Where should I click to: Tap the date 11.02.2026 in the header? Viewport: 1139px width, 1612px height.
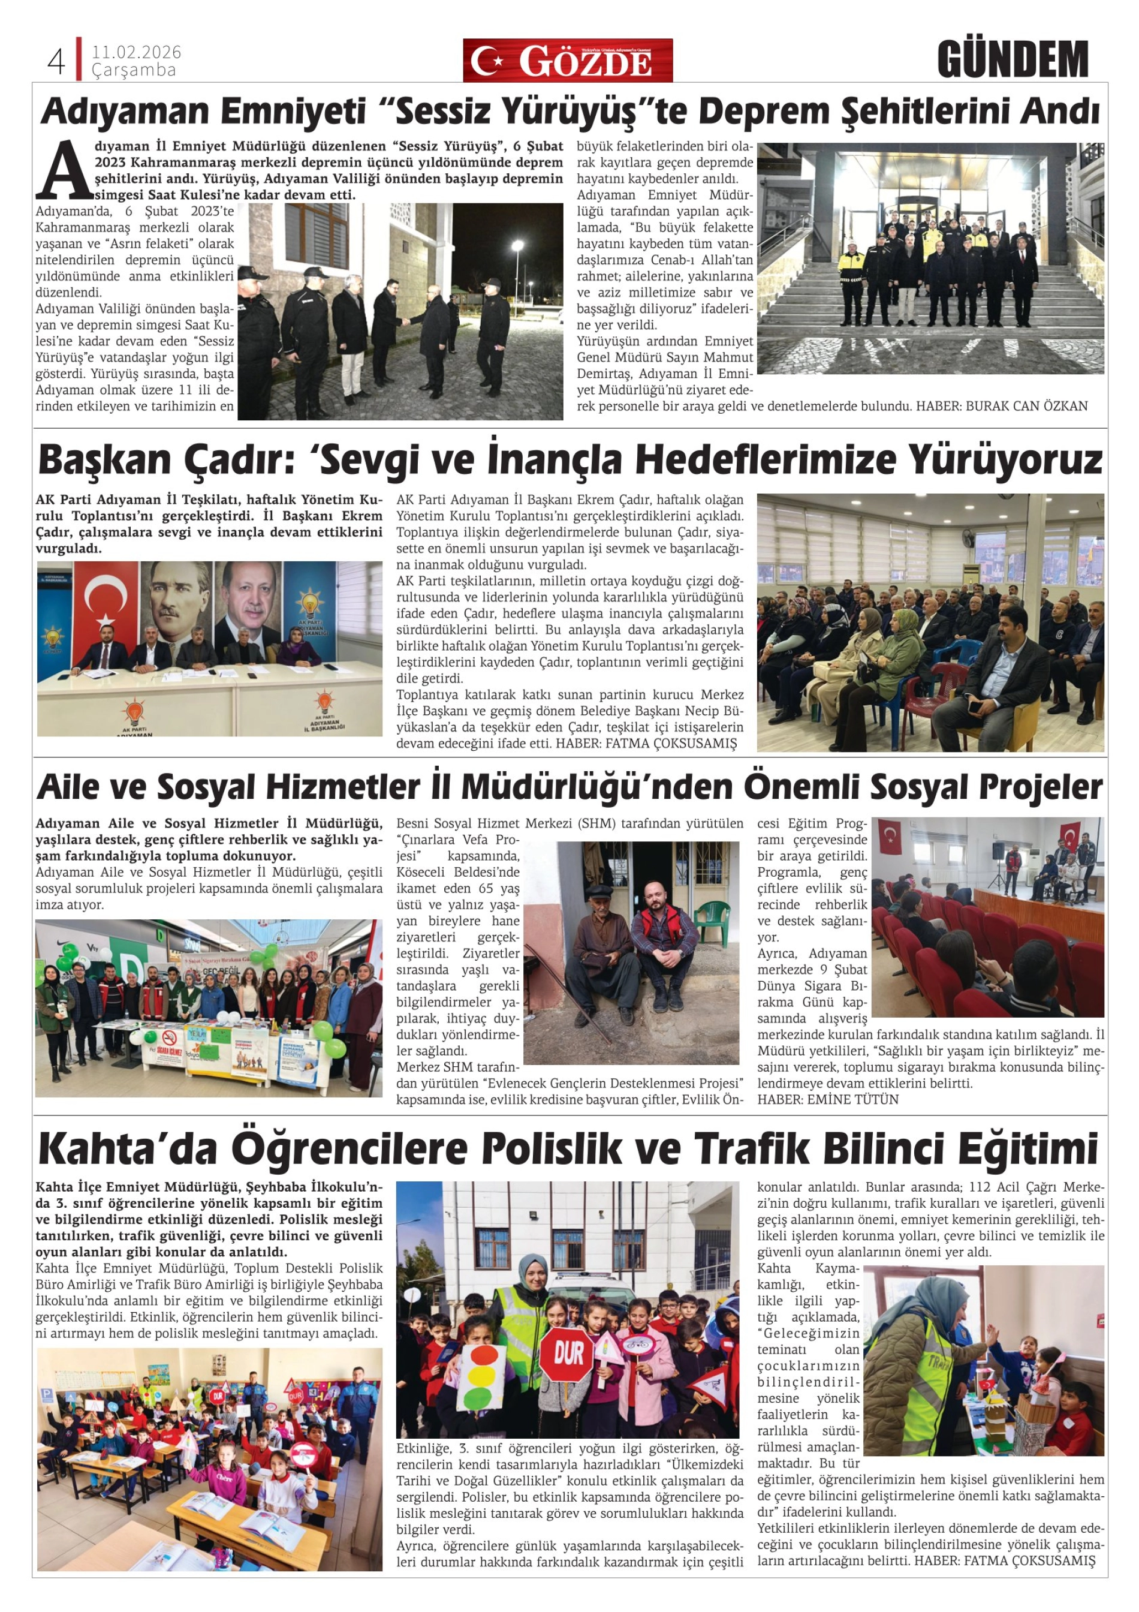click(136, 53)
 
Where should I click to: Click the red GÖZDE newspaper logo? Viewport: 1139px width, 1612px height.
click(567, 61)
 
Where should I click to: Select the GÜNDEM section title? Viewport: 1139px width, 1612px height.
click(1012, 61)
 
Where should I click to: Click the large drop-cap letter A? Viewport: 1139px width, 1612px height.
click(65, 170)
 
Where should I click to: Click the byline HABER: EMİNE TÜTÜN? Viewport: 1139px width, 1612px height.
click(827, 1099)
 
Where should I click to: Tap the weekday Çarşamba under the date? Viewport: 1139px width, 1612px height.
click(133, 70)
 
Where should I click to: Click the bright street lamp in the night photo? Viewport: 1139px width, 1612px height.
click(517, 245)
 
